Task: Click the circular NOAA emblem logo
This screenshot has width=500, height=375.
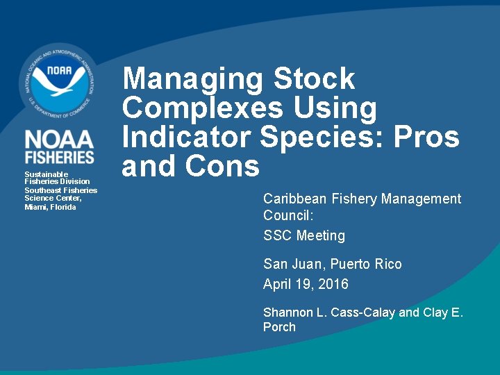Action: pos(58,81)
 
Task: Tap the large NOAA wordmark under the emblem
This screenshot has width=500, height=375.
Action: pos(59,139)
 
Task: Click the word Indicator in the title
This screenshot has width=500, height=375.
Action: pos(187,137)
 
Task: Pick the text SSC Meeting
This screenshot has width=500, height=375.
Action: pos(303,236)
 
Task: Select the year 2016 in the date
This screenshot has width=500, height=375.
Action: pos(333,284)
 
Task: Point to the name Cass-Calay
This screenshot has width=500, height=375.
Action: pos(365,312)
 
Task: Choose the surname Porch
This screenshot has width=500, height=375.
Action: pos(279,327)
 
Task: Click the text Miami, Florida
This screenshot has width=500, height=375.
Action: pos(50,207)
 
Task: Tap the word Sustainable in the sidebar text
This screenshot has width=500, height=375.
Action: pos(46,174)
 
